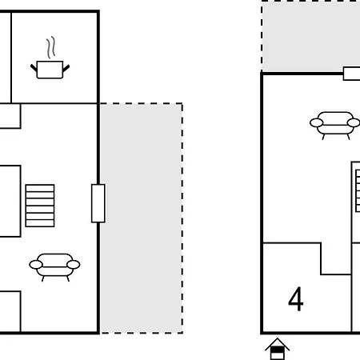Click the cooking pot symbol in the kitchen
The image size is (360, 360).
point(50,70)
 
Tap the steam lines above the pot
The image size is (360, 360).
point(51,47)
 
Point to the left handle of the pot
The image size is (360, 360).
point(34,68)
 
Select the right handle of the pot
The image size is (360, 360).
point(66,68)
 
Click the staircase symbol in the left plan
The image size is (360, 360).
point(40,206)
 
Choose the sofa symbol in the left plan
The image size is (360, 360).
point(54,267)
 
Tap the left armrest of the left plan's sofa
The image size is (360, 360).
point(36,265)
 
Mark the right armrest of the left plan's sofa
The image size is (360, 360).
point(74,265)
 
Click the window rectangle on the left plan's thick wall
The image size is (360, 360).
point(98,203)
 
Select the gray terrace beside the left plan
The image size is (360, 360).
point(142,218)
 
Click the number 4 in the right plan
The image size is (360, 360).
point(296,299)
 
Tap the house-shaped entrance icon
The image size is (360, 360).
point(278,349)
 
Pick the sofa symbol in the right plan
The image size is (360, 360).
point(335,126)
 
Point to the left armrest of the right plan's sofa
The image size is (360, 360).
point(317,123)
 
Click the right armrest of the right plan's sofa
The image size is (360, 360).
point(354,123)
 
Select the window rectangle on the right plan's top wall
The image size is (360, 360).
point(352,74)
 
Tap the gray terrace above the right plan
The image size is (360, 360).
point(311,36)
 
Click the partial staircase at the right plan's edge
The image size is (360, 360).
point(358,190)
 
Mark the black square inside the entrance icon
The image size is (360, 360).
point(278,350)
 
